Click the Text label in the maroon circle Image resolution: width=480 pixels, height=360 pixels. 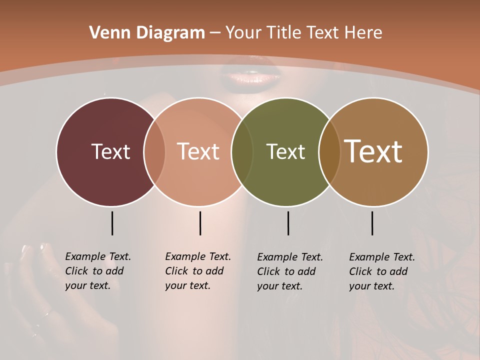click(110, 151)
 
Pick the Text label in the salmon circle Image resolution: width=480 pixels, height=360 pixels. click(198, 151)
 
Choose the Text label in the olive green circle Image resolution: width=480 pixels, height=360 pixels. click(285, 151)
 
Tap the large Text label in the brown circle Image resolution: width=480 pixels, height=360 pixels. click(373, 151)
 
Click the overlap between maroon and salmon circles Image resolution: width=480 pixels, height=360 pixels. click(154, 151)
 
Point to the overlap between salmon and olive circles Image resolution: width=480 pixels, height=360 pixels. click(242, 151)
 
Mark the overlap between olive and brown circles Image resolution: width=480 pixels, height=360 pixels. click(329, 151)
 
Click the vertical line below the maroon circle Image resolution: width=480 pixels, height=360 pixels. click(112, 223)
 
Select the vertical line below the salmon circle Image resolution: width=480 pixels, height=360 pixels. click(200, 223)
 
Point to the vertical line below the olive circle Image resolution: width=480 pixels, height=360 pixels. click(288, 223)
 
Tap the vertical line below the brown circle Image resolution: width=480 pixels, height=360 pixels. click(372, 223)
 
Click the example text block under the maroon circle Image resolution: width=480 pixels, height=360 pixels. click(98, 271)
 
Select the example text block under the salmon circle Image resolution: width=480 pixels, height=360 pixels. click(198, 271)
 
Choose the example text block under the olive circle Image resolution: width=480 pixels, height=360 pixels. click(290, 271)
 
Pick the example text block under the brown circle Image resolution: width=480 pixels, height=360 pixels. click(382, 271)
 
